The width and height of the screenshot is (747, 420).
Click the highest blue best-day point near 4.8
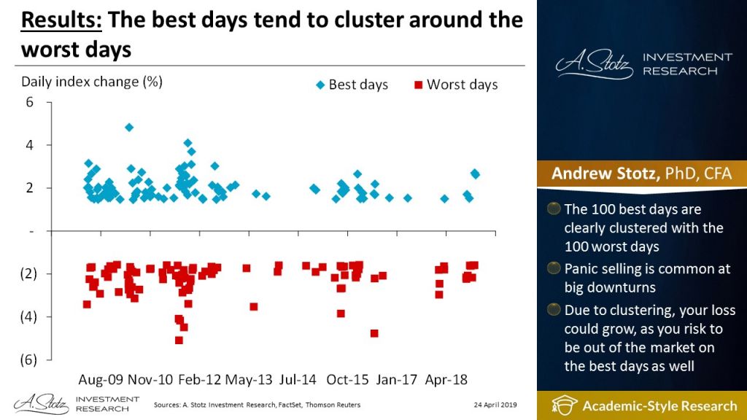tap(129, 127)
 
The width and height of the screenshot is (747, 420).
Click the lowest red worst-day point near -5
tap(179, 340)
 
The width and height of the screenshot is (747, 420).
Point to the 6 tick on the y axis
tap(30, 102)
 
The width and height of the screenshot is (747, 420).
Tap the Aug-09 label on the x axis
tap(101, 380)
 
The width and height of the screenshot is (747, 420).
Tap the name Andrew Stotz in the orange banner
tap(597, 174)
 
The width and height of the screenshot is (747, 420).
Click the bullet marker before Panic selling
tap(554, 269)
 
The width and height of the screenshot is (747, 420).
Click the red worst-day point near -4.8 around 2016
tap(374, 333)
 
